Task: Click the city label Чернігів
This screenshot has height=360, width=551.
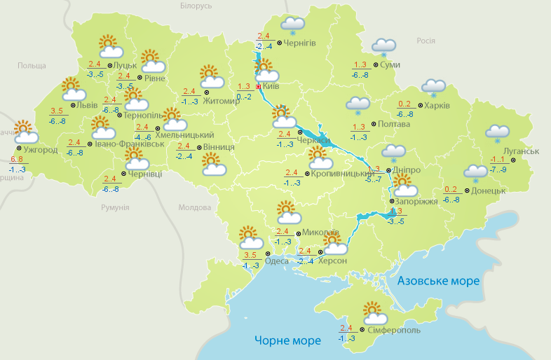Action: click(x=300, y=43)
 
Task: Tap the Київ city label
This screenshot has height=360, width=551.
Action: click(x=270, y=86)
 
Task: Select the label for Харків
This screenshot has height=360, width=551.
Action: click(x=437, y=106)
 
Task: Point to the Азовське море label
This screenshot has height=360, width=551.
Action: click(x=438, y=281)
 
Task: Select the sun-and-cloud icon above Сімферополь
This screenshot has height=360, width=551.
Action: click(x=372, y=311)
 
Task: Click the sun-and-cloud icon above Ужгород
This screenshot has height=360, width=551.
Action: click(x=25, y=132)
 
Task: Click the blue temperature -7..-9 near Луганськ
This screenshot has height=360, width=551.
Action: click(x=498, y=169)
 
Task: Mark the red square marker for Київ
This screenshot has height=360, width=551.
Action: click(x=258, y=87)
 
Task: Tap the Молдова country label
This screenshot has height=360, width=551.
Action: click(x=194, y=207)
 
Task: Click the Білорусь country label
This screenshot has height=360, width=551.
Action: click(x=196, y=6)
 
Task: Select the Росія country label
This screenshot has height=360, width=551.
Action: click(x=426, y=41)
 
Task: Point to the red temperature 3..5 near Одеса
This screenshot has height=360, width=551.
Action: click(x=250, y=255)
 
